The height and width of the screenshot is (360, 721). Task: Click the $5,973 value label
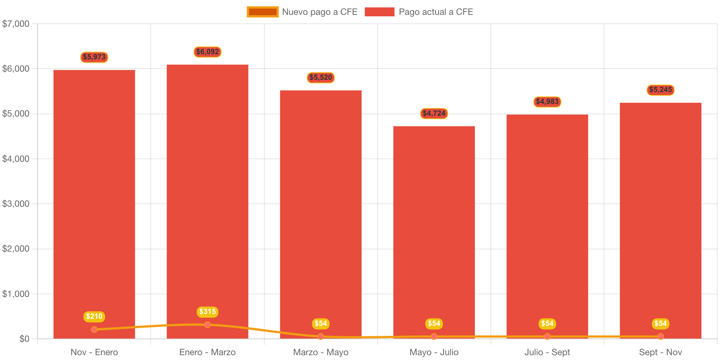pos(94,57)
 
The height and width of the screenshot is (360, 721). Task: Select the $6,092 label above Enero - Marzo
pos(208,52)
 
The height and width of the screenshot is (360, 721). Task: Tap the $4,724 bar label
pos(434,114)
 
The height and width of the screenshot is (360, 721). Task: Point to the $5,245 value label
pos(660,90)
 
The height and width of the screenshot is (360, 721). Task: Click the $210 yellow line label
pos(94,317)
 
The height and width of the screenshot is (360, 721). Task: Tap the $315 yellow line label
pos(208,312)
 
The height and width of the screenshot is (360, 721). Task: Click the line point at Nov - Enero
pos(94,329)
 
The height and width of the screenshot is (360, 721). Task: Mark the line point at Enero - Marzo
pos(208,325)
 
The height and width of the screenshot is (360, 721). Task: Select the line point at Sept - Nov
pos(660,336)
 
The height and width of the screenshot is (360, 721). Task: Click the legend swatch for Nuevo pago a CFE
pos(262,12)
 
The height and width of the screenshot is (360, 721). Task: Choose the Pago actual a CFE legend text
pos(436,12)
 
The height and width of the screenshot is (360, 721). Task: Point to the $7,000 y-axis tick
pos(16,24)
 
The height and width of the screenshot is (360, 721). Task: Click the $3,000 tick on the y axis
pos(16,204)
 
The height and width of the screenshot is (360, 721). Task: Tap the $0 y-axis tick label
pos(25,339)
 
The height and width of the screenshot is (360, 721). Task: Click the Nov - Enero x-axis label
pos(94,352)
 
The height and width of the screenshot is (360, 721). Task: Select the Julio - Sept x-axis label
pos(547,352)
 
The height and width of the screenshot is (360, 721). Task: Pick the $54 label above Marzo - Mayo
pos(321,324)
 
